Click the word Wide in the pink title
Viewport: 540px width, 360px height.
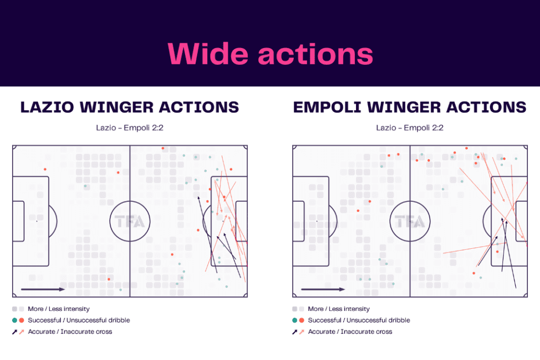[208, 54]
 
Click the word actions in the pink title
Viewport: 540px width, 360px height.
[315, 54]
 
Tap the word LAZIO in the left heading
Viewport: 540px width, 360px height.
[47, 108]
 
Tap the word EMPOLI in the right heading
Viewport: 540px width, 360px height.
[327, 108]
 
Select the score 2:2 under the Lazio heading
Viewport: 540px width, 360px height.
[157, 128]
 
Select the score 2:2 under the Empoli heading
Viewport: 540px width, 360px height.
[437, 128]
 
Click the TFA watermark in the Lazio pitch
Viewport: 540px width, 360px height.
[130, 221]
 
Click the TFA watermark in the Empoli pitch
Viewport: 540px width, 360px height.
[410, 221]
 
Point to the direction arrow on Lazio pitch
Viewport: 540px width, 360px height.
[43, 289]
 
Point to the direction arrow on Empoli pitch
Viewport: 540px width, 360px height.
[323, 289]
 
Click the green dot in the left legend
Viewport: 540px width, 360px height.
[14, 320]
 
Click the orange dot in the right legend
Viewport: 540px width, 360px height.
[302, 320]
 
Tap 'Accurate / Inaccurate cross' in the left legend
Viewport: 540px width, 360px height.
[70, 332]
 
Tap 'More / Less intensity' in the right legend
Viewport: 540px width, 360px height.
[339, 309]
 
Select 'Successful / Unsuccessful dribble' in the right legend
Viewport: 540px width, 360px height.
[359, 320]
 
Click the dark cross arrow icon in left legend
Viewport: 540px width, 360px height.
[14, 332]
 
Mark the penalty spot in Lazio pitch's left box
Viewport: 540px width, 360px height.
[37, 221]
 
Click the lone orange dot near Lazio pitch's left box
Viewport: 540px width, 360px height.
[45, 169]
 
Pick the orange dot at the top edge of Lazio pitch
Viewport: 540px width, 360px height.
[163, 148]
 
